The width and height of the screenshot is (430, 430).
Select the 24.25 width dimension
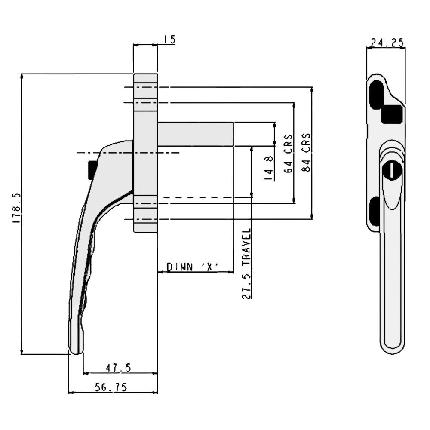tap(386, 42)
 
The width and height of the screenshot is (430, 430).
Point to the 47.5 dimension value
tap(118, 368)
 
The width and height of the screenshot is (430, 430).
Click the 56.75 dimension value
tap(111, 387)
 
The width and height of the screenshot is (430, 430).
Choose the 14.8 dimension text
tap(269, 168)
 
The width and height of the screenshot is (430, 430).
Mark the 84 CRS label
tap(307, 152)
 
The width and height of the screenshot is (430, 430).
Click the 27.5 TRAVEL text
tap(246, 263)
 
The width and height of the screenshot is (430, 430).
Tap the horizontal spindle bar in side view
tap(196, 134)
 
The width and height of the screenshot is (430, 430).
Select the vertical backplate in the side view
tap(145, 153)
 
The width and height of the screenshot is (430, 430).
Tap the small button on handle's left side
tap(89, 170)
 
